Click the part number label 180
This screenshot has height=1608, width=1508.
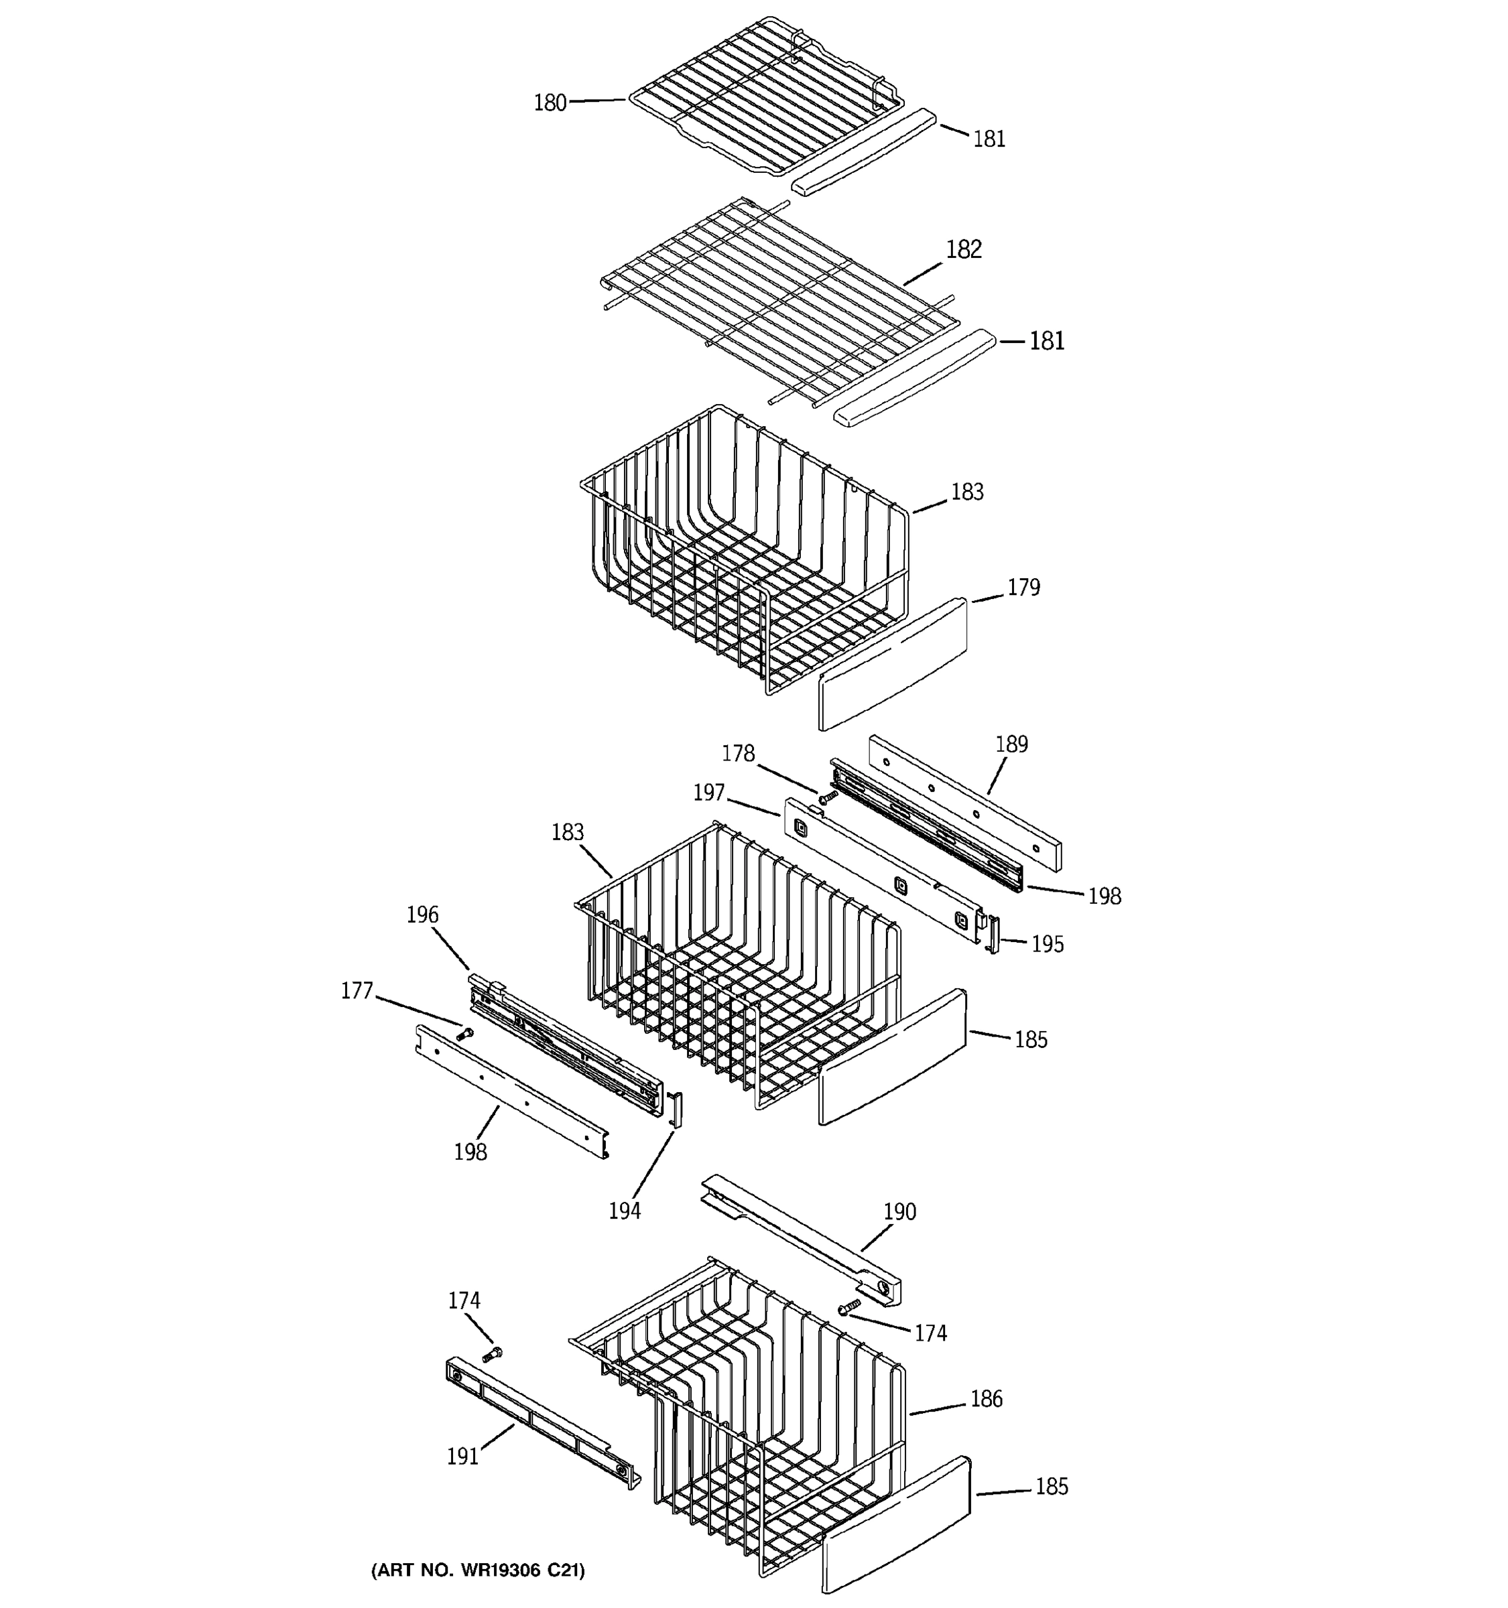tap(550, 103)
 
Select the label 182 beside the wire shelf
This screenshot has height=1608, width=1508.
tap(964, 249)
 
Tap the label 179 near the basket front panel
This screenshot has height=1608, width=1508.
tap(1023, 587)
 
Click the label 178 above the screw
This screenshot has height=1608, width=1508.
tap(738, 753)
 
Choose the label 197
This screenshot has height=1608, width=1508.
tap(708, 792)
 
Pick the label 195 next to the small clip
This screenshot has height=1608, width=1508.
tap(1047, 944)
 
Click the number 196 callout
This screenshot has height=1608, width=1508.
tap(422, 914)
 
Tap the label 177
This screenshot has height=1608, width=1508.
tap(357, 990)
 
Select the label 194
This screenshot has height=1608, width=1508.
tap(625, 1210)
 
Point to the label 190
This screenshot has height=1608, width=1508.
tap(899, 1211)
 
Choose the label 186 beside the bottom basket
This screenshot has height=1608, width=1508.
tap(986, 1398)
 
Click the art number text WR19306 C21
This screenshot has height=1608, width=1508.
tap(477, 1570)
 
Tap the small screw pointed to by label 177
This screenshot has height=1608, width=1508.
tap(465, 1033)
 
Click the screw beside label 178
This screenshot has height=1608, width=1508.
tap(825, 799)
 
